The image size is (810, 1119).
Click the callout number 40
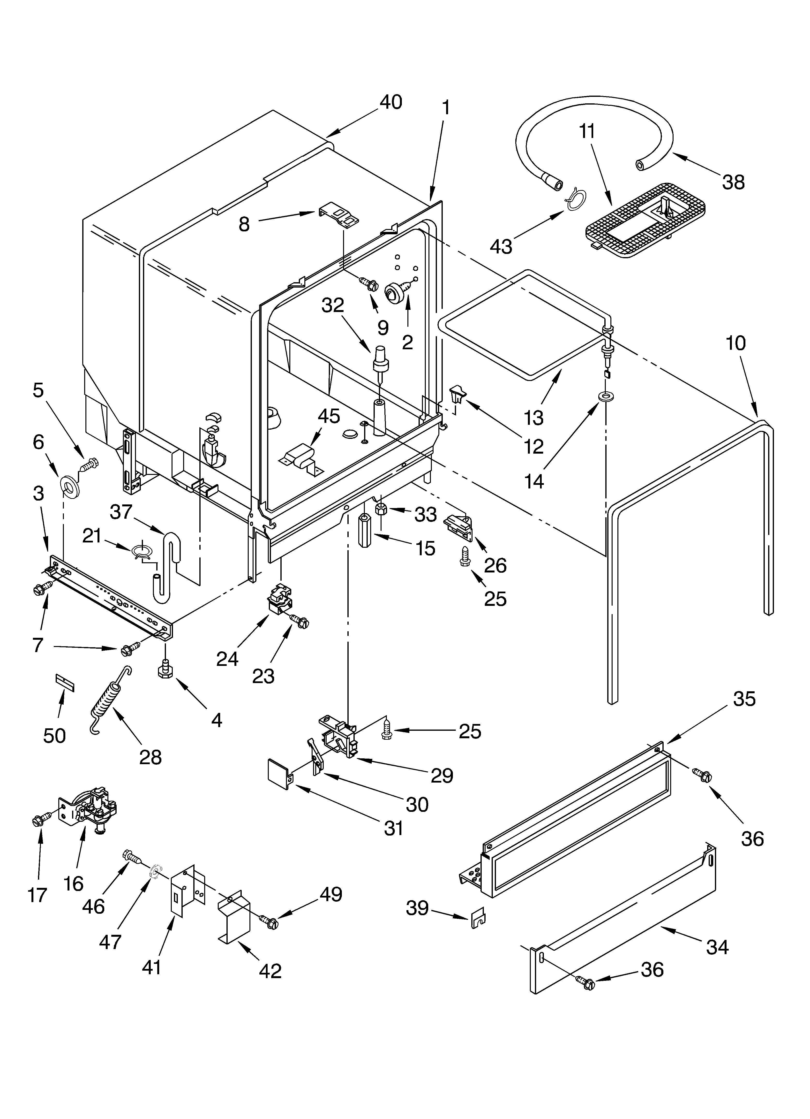tap(391, 102)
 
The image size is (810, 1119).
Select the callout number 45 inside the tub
tap(329, 416)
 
